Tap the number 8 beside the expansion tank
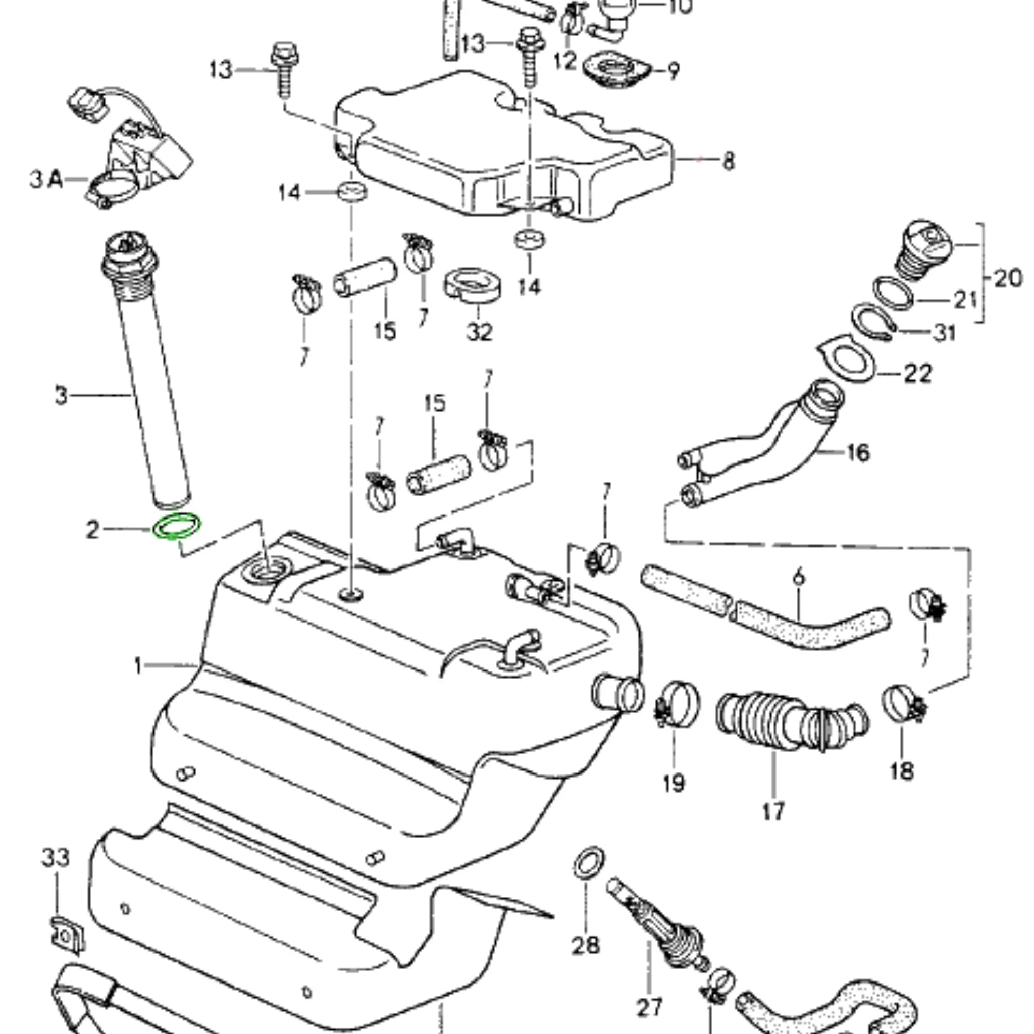(x=729, y=161)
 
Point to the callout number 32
(x=479, y=332)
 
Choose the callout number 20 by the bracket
(x=1008, y=278)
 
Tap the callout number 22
(x=918, y=373)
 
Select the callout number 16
(x=858, y=453)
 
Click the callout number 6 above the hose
(x=798, y=577)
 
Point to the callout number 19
(x=674, y=784)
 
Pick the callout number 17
(x=773, y=811)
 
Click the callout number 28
(x=586, y=946)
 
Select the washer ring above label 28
(x=589, y=863)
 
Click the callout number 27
(x=649, y=1008)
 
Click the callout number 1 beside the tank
(x=139, y=666)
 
